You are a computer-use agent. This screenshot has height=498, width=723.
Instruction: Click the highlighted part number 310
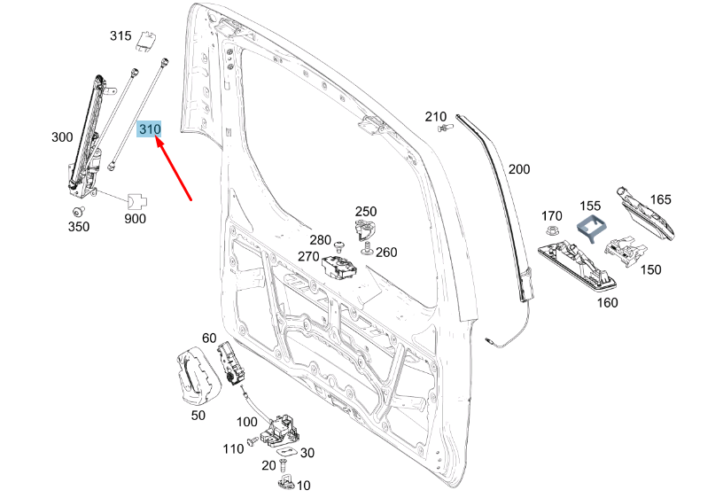[150, 129]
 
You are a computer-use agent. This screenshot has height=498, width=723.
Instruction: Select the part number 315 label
[120, 36]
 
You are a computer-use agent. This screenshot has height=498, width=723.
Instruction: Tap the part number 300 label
[62, 137]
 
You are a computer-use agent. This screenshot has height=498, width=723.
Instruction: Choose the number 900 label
[135, 218]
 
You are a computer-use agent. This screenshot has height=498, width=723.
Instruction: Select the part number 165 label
[663, 199]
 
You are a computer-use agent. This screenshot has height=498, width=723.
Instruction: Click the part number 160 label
[607, 303]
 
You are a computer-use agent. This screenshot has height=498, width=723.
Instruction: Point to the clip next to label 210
[446, 129]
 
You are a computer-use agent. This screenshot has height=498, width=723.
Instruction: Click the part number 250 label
[366, 211]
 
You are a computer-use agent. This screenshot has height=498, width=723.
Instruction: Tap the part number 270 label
[307, 256]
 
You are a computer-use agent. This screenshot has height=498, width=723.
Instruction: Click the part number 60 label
[209, 338]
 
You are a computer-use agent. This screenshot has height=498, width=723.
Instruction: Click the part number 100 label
[246, 422]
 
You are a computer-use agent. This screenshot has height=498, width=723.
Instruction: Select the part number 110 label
[232, 448]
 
